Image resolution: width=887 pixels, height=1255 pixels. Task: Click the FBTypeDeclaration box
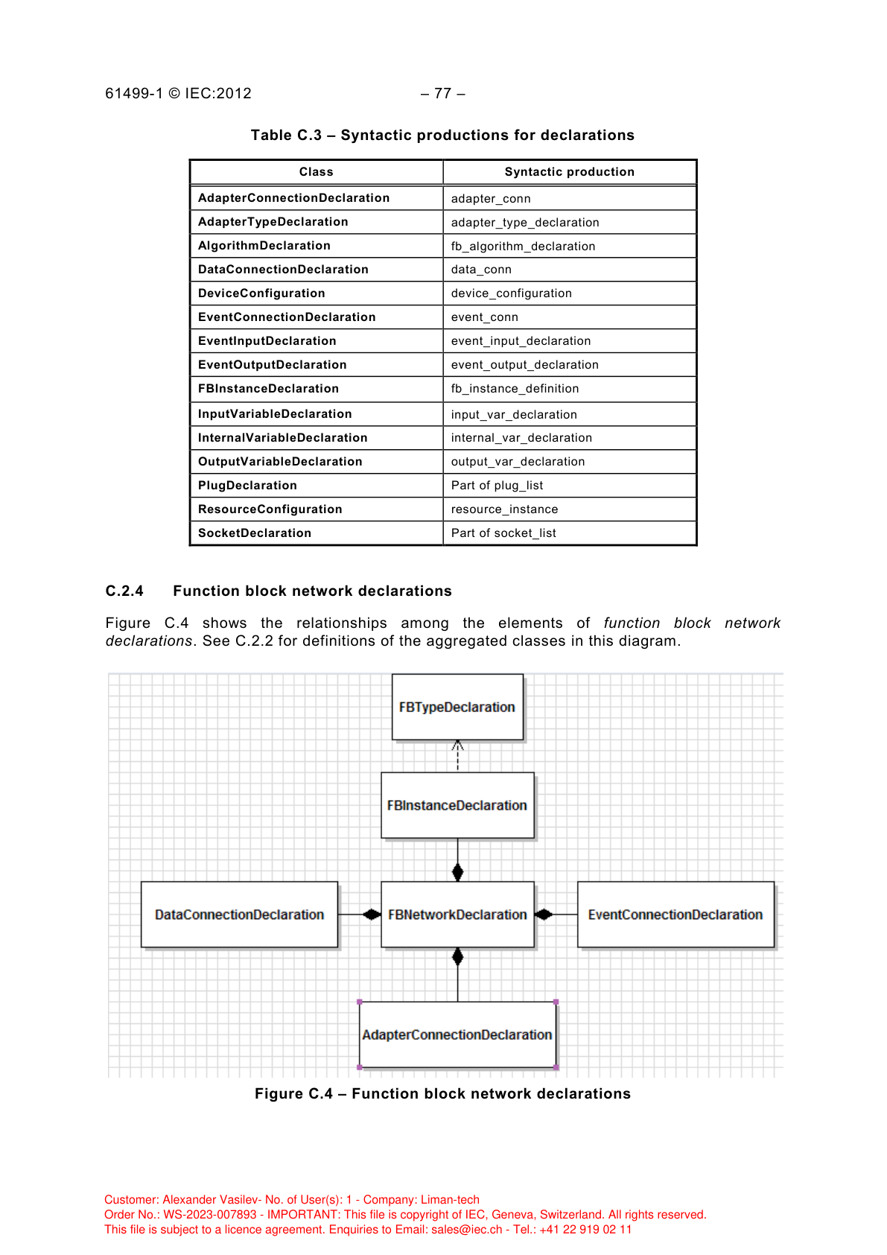[457, 707]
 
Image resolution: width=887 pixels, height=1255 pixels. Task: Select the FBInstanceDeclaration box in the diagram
[457, 805]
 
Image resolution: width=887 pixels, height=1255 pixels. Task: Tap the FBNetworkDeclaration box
[457, 915]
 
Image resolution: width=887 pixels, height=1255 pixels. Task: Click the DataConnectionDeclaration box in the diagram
[239, 915]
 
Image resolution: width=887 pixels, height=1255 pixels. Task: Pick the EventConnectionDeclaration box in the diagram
[675, 915]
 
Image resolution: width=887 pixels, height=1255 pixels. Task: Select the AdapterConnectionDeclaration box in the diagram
[457, 1035]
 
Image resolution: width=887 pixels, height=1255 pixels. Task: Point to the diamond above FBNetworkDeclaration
[457, 871]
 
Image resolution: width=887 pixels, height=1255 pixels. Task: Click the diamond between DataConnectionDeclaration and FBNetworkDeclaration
[372, 915]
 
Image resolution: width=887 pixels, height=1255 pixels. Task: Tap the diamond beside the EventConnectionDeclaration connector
[544, 915]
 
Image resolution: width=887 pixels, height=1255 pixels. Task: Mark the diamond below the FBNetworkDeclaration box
[457, 957]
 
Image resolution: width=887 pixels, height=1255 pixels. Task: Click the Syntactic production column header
[569, 172]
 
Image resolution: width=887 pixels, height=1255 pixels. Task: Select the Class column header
[316, 172]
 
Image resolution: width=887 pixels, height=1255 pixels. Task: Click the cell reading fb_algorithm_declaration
[523, 247]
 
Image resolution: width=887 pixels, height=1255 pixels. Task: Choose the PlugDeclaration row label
[247, 486]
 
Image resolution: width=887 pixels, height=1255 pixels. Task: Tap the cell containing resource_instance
[504, 509]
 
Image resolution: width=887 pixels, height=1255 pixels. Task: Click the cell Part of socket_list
[503, 533]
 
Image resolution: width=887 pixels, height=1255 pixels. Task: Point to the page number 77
[443, 94]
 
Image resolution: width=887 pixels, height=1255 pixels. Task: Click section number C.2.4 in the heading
[124, 591]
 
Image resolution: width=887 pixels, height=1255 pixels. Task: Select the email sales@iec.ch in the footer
[466, 1230]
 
